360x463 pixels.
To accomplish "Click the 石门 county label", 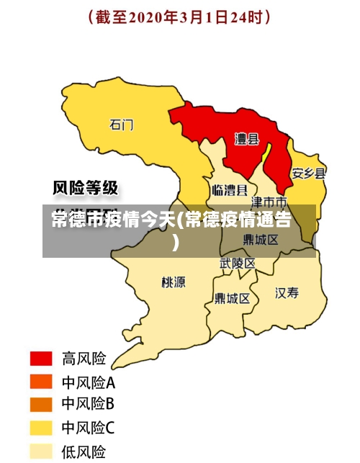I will (122, 125).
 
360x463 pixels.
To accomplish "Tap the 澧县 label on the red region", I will (247, 139).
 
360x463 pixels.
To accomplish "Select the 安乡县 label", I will (308, 174).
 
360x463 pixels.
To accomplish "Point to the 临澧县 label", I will (230, 190).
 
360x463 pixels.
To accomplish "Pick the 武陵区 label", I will (238, 264).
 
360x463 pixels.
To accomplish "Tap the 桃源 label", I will (174, 282).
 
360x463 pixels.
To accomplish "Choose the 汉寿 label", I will (287, 292).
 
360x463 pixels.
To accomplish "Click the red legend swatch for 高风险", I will (41, 359).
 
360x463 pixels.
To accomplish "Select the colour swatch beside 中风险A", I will (41, 382).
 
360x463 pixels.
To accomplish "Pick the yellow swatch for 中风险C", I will (41, 428).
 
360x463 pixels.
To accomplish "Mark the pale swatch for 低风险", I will (41, 451).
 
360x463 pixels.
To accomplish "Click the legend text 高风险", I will (84, 359).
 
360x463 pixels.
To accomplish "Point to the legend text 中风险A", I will (88, 382).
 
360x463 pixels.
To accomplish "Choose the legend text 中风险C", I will (88, 428).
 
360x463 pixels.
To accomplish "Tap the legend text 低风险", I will (84, 451).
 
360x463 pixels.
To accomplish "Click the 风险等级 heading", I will (86, 189).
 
